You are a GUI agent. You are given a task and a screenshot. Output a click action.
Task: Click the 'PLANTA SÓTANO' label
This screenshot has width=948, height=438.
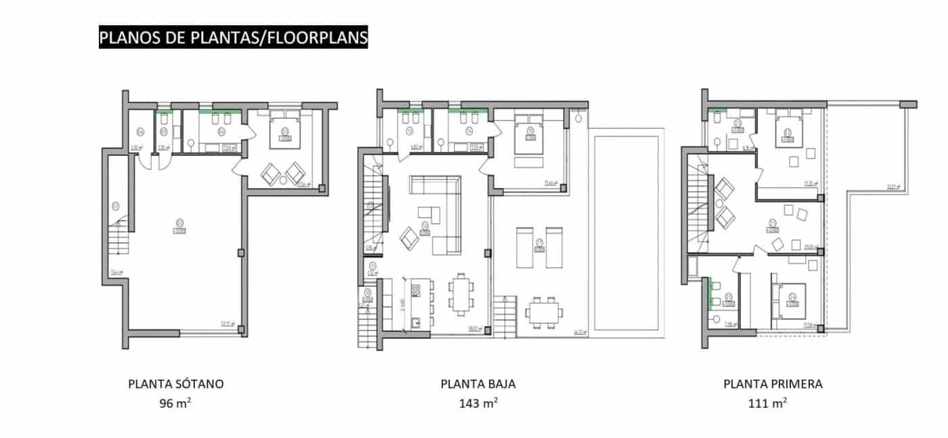pos(175,384)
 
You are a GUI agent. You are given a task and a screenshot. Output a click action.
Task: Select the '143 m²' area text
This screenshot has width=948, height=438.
pos(478,403)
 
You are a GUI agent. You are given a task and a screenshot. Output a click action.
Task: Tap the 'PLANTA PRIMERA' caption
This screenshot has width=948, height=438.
pos(773,384)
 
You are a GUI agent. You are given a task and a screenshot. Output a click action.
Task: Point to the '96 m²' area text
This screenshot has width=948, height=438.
pos(175,403)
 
